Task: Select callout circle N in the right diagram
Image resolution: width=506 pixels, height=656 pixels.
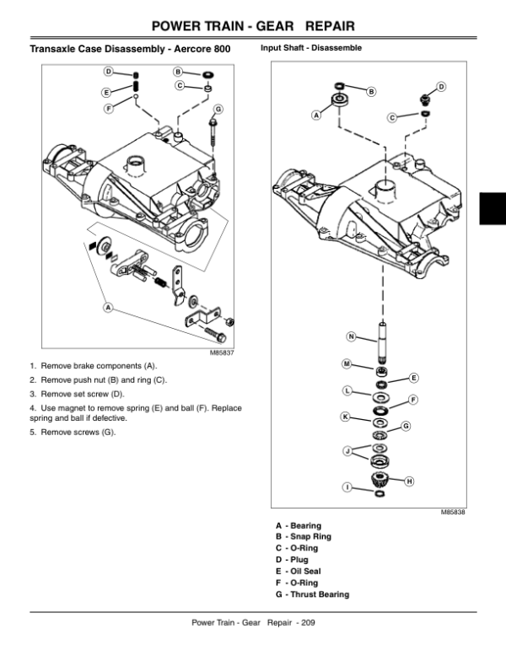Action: click(351, 337)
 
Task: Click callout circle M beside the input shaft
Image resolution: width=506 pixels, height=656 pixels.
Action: click(347, 363)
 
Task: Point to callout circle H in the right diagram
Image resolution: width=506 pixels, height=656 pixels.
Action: click(410, 481)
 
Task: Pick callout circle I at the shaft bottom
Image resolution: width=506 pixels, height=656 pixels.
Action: click(347, 487)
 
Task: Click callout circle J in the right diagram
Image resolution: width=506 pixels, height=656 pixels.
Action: click(347, 453)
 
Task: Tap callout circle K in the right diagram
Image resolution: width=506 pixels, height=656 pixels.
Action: click(346, 417)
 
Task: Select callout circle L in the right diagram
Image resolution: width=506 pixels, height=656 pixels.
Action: click(347, 390)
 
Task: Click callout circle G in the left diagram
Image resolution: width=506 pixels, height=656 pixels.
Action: click(218, 110)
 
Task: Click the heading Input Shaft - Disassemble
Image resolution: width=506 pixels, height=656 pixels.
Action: click(311, 48)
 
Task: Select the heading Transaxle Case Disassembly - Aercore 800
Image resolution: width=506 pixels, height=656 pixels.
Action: click(130, 50)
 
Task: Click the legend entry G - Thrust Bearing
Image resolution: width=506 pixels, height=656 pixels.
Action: click(312, 594)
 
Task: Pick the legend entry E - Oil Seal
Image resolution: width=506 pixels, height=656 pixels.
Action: click(300, 572)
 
